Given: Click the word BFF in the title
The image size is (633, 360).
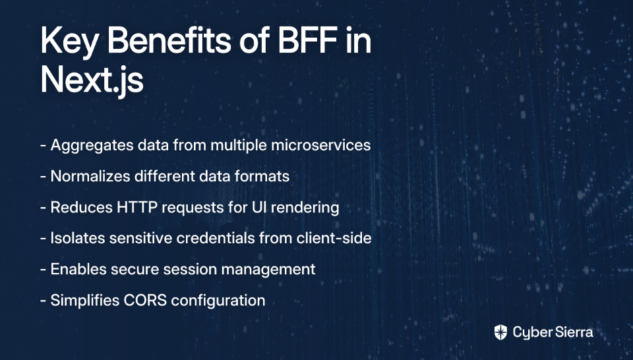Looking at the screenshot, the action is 308,40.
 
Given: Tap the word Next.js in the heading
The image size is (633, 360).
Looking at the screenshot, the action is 92,80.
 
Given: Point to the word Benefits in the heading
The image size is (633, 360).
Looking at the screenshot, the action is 169,40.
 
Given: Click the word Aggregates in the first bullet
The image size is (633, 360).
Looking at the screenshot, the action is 92,146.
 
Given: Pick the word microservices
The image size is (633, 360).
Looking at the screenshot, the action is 320,145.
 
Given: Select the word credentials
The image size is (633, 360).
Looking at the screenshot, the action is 216,238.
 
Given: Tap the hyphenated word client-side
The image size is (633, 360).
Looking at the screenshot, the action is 334,238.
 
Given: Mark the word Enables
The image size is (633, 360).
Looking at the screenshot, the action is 78,269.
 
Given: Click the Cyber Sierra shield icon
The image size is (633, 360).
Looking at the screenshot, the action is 500,332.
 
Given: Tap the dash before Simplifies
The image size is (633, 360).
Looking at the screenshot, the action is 44,301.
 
